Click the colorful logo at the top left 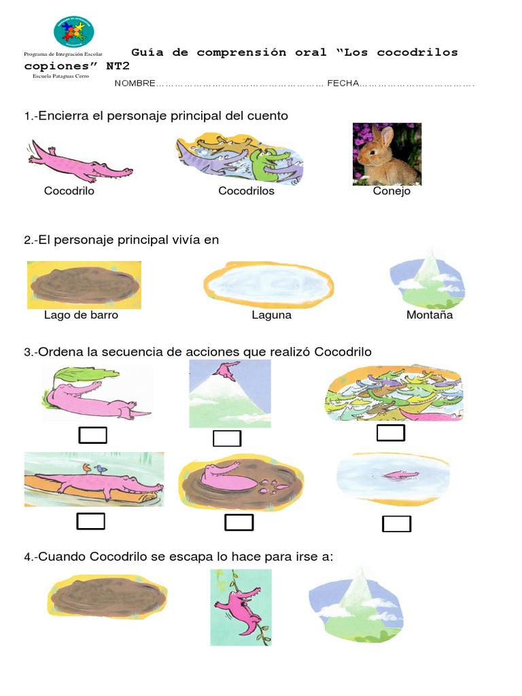(x=73, y=31)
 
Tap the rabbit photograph (x=387, y=154)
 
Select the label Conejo (x=391, y=191)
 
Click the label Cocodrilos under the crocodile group (x=246, y=191)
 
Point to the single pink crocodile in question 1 (x=79, y=161)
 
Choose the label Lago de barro (x=81, y=315)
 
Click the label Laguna (x=271, y=315)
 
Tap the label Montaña (x=430, y=315)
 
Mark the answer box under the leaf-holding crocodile (x=92, y=435)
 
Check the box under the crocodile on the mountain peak (x=227, y=438)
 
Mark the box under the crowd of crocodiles (x=391, y=433)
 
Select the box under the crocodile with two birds (x=90, y=521)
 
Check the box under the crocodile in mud (x=239, y=522)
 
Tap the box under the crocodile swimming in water (x=397, y=523)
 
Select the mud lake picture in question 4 (x=107, y=596)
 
